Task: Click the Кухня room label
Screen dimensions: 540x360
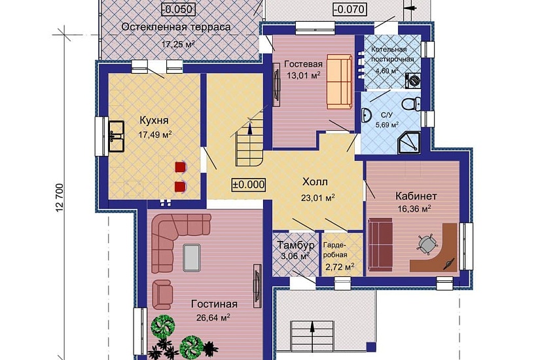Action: click(x=154, y=120)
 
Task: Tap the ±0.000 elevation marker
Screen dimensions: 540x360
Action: click(x=249, y=185)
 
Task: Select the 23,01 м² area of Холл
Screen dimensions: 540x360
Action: click(x=318, y=198)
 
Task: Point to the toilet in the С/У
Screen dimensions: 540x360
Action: click(x=412, y=103)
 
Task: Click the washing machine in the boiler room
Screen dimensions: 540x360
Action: click(x=413, y=81)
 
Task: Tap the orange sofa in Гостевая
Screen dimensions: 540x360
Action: click(x=340, y=81)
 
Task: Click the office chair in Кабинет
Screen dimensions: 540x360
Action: click(x=427, y=244)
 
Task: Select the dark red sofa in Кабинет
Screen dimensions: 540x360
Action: click(x=380, y=244)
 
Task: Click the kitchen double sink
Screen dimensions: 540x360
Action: click(x=117, y=136)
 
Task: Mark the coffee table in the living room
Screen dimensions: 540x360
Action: click(x=192, y=257)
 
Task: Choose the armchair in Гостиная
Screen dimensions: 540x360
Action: click(x=162, y=294)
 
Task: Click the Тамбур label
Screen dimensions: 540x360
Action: click(x=296, y=245)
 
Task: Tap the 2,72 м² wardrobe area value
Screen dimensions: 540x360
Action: click(x=339, y=266)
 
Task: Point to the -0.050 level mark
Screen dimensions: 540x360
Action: click(x=179, y=9)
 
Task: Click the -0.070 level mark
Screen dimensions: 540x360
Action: click(x=350, y=9)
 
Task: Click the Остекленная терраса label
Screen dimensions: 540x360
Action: click(x=176, y=27)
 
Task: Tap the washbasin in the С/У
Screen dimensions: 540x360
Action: click(x=367, y=115)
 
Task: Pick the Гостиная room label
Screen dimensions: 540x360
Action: click(x=214, y=304)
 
